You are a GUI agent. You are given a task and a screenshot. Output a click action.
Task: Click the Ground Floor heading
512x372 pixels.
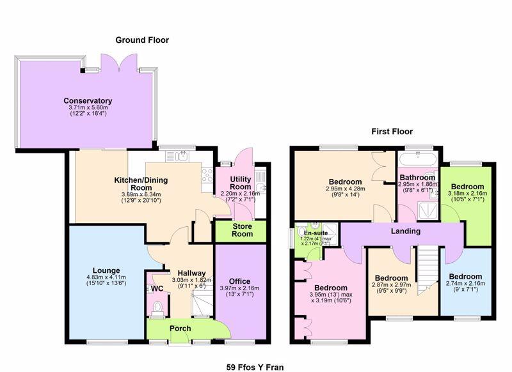click(142, 40)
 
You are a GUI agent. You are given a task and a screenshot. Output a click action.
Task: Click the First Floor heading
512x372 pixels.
click(392, 132)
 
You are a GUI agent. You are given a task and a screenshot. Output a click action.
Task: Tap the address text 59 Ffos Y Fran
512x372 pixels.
click(255, 368)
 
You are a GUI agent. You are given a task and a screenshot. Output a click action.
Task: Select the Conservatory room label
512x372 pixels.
click(88, 101)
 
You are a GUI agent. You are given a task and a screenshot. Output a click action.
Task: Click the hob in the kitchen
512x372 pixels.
click(207, 175)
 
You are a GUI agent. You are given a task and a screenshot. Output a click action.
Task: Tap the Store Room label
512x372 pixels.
click(243, 230)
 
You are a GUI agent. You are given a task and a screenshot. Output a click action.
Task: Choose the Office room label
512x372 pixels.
click(239, 281)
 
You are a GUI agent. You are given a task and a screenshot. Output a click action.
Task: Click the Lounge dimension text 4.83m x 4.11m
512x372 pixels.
click(106, 277)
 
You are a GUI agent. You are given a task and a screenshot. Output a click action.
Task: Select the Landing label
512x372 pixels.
click(406, 231)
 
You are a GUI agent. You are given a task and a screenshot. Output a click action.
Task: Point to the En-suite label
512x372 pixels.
click(316, 233)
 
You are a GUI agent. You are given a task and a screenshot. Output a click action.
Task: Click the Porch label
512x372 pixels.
click(180, 329)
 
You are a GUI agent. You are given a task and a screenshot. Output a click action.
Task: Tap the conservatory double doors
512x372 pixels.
click(118, 63)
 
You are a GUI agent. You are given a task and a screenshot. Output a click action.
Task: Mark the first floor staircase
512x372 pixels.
click(428, 270)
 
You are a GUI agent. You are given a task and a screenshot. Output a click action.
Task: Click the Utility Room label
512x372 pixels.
click(241, 183)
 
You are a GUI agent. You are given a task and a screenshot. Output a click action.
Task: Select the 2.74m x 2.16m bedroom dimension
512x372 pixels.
click(465, 283)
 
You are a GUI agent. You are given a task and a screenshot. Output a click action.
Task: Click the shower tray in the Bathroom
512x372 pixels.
click(428, 210)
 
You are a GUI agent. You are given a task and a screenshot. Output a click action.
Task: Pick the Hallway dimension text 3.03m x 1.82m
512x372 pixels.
click(191, 280)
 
